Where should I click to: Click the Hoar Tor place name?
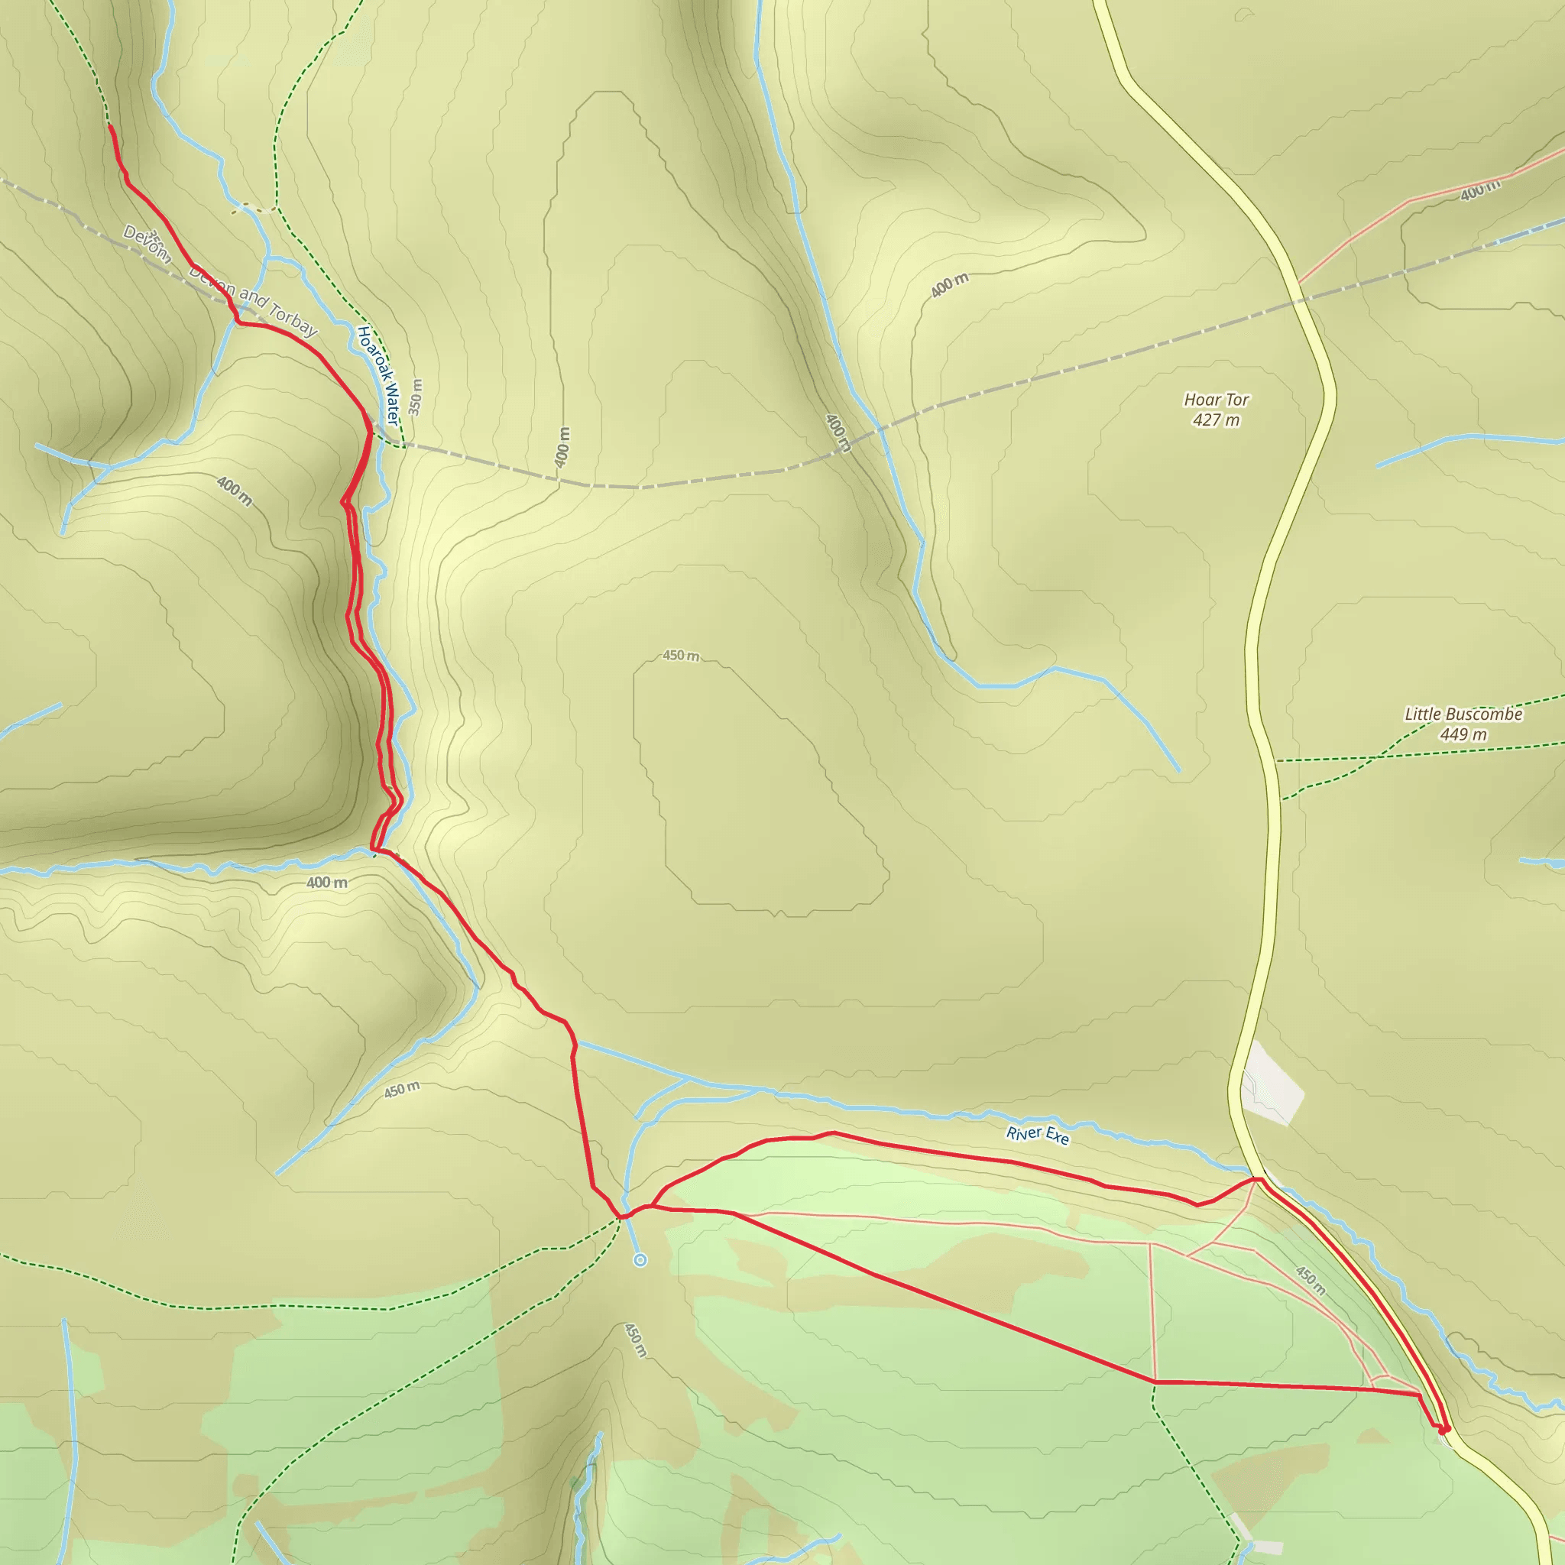1216,400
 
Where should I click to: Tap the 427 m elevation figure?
1216,420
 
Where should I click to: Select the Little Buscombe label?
1463,714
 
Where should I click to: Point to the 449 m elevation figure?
1463,734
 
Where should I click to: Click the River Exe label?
1038,1136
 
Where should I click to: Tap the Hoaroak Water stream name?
378,374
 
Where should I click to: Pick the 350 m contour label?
416,397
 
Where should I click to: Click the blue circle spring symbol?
640,1259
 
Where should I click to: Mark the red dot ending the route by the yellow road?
1443,1430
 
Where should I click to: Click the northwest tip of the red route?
110,127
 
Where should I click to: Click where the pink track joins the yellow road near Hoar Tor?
1298,283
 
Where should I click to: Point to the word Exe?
1057,1139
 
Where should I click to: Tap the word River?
1024,1132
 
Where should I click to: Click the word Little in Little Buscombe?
1422,714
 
